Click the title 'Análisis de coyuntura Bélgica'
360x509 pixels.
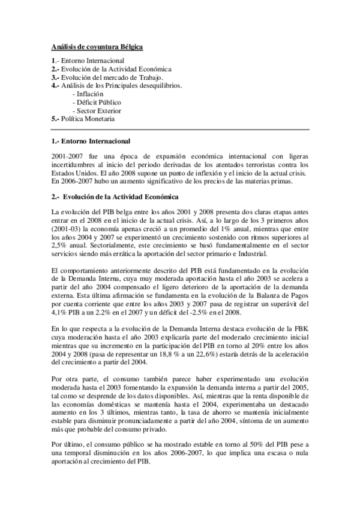click(x=97, y=46)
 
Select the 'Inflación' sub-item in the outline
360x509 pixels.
click(x=89, y=94)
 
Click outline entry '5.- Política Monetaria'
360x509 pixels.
click(x=83, y=119)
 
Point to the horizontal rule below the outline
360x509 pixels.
click(x=180, y=129)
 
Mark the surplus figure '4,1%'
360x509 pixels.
click(x=60, y=313)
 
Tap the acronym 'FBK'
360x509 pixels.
click(x=301, y=330)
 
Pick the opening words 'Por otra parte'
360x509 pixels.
click(x=74, y=381)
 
